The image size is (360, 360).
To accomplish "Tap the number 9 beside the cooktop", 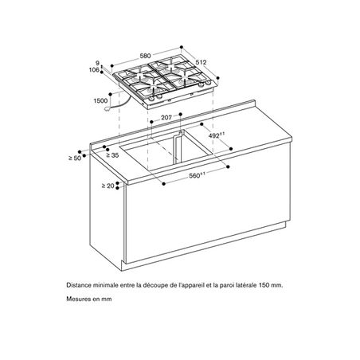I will pos(97,62).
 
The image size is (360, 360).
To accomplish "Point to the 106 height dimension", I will pos(95,69).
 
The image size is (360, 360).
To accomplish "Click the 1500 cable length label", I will pos(100,101).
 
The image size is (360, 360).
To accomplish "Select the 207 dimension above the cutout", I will pos(166,118).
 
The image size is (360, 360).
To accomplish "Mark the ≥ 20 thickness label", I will pos(108,186).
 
